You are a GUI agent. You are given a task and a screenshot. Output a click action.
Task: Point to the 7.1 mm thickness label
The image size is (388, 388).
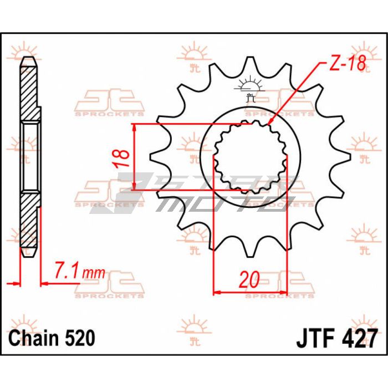click(x=79, y=271)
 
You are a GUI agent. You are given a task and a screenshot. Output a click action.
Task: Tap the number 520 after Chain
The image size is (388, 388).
click(x=79, y=338)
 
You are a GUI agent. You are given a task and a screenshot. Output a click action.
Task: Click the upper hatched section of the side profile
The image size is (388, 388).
click(x=30, y=91)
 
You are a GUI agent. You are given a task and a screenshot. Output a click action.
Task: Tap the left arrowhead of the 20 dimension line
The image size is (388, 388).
click(x=217, y=292)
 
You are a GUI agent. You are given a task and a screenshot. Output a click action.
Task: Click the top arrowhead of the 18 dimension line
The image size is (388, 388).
click(x=134, y=126)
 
